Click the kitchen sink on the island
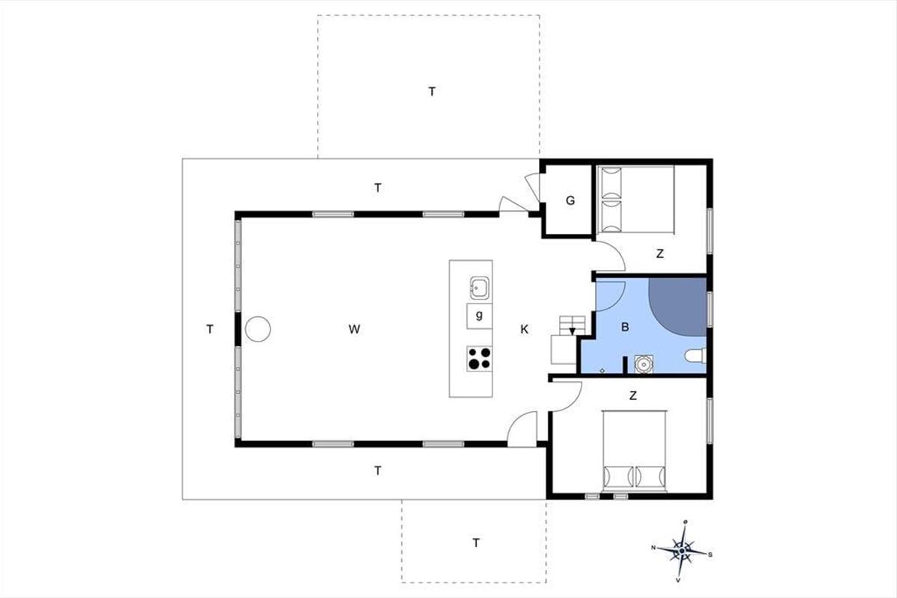(479, 288)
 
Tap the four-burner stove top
(479, 358)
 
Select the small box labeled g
(479, 316)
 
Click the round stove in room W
(258, 329)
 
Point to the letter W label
(354, 329)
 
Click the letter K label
(524, 329)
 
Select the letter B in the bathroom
(625, 327)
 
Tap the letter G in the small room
(570, 200)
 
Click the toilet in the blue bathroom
(696, 356)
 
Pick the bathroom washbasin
(644, 364)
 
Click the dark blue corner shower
(677, 306)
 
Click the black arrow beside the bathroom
(573, 330)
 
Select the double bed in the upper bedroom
(635, 200)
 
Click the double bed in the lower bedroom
(635, 451)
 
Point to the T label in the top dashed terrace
(432, 92)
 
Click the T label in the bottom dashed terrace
(476, 543)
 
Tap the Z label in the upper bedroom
(660, 253)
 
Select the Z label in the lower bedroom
(633, 395)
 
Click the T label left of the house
(210, 329)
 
